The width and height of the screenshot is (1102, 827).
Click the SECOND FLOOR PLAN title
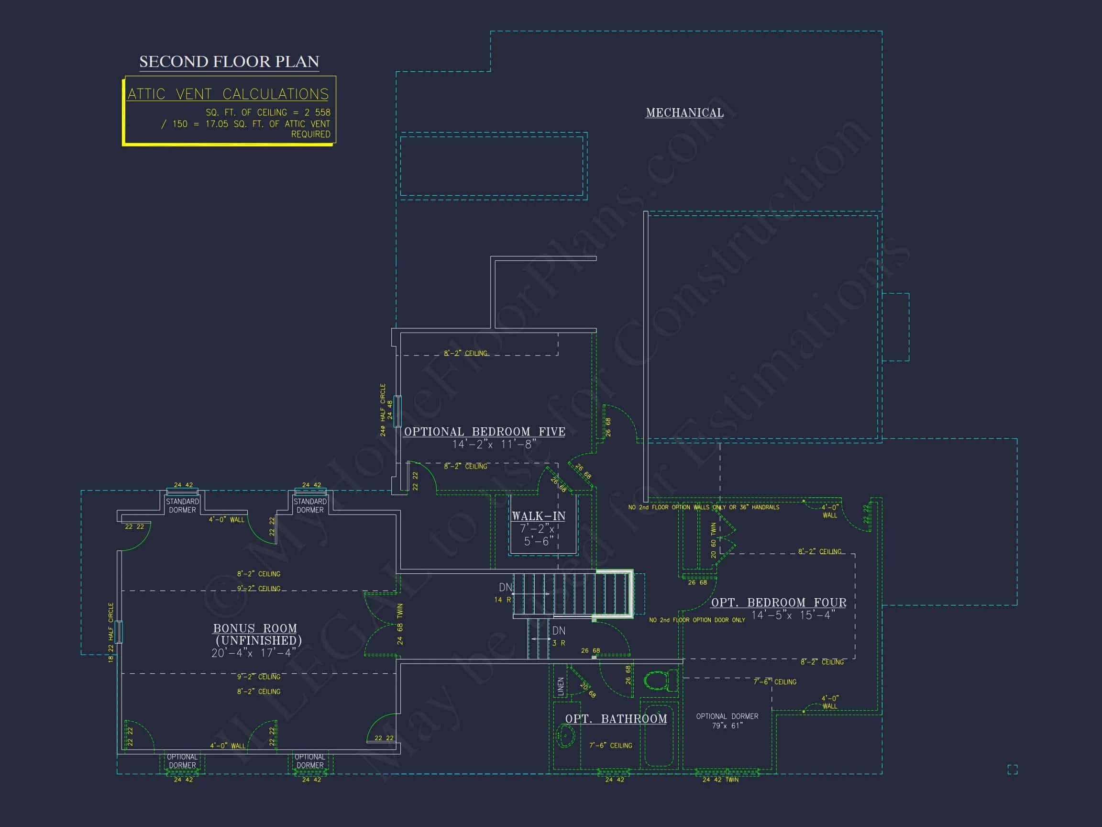tap(229, 62)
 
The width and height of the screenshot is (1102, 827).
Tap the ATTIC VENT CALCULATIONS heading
tap(228, 94)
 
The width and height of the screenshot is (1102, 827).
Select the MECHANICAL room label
tap(684, 112)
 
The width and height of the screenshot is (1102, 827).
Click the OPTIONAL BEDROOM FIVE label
tap(484, 432)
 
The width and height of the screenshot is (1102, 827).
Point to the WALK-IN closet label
tap(539, 516)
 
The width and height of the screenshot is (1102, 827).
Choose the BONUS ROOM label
tap(255, 628)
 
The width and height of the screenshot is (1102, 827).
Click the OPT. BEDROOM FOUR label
tap(778, 602)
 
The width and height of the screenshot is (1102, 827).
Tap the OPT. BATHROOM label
tap(616, 718)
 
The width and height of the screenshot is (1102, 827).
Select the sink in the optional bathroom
tap(565, 736)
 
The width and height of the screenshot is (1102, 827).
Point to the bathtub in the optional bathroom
tap(659, 735)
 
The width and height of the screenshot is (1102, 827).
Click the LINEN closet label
tap(561, 686)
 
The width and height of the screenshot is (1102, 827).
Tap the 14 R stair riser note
tap(502, 600)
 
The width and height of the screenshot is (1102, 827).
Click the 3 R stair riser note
tap(559, 643)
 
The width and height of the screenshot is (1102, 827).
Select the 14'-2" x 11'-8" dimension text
tap(494, 444)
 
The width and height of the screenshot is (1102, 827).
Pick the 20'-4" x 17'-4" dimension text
tap(253, 653)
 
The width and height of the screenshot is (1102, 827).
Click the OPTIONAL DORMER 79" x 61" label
tap(727, 721)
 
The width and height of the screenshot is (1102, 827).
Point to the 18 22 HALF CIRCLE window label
tap(110, 633)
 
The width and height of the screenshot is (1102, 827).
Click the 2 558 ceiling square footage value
tap(317, 112)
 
